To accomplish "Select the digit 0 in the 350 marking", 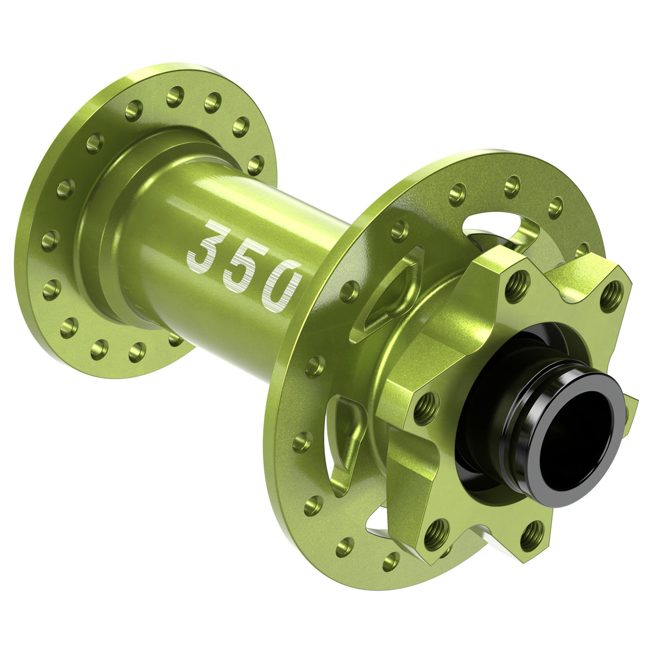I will (281, 286).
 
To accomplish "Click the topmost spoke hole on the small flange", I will (175, 96).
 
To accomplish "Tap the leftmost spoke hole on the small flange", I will (50, 240).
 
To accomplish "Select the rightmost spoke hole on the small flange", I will (256, 164).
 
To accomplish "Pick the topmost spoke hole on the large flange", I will (512, 186).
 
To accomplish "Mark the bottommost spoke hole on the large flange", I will (391, 562).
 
